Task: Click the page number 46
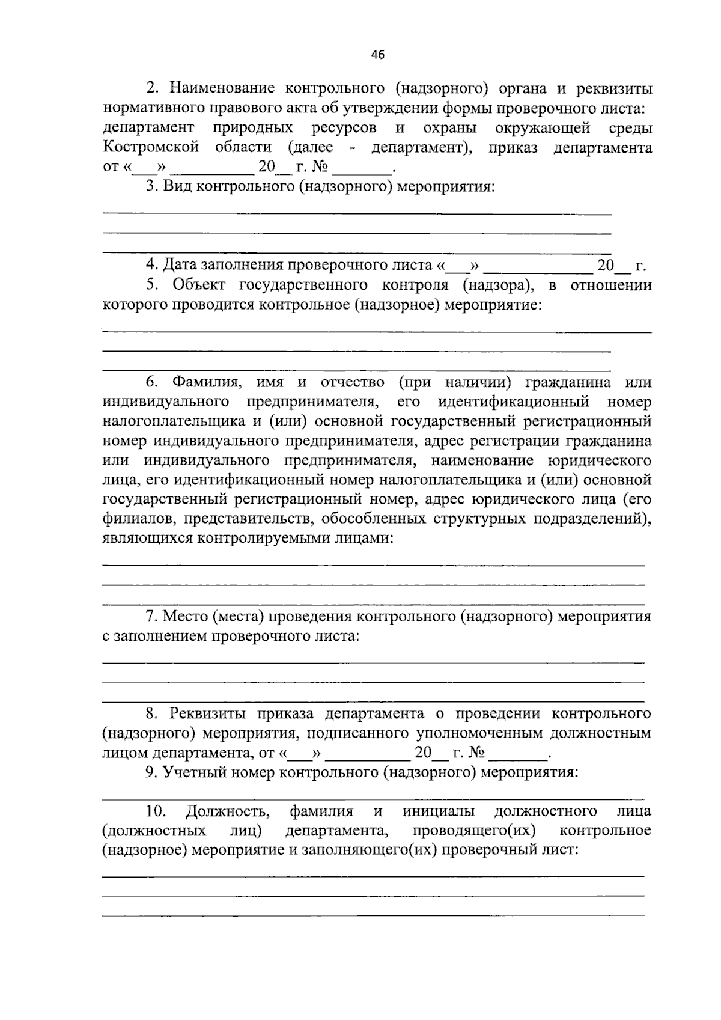click(377, 55)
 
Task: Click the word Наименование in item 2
click(222, 89)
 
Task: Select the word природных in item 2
click(252, 128)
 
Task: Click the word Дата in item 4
click(180, 265)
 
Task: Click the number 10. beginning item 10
click(156, 811)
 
